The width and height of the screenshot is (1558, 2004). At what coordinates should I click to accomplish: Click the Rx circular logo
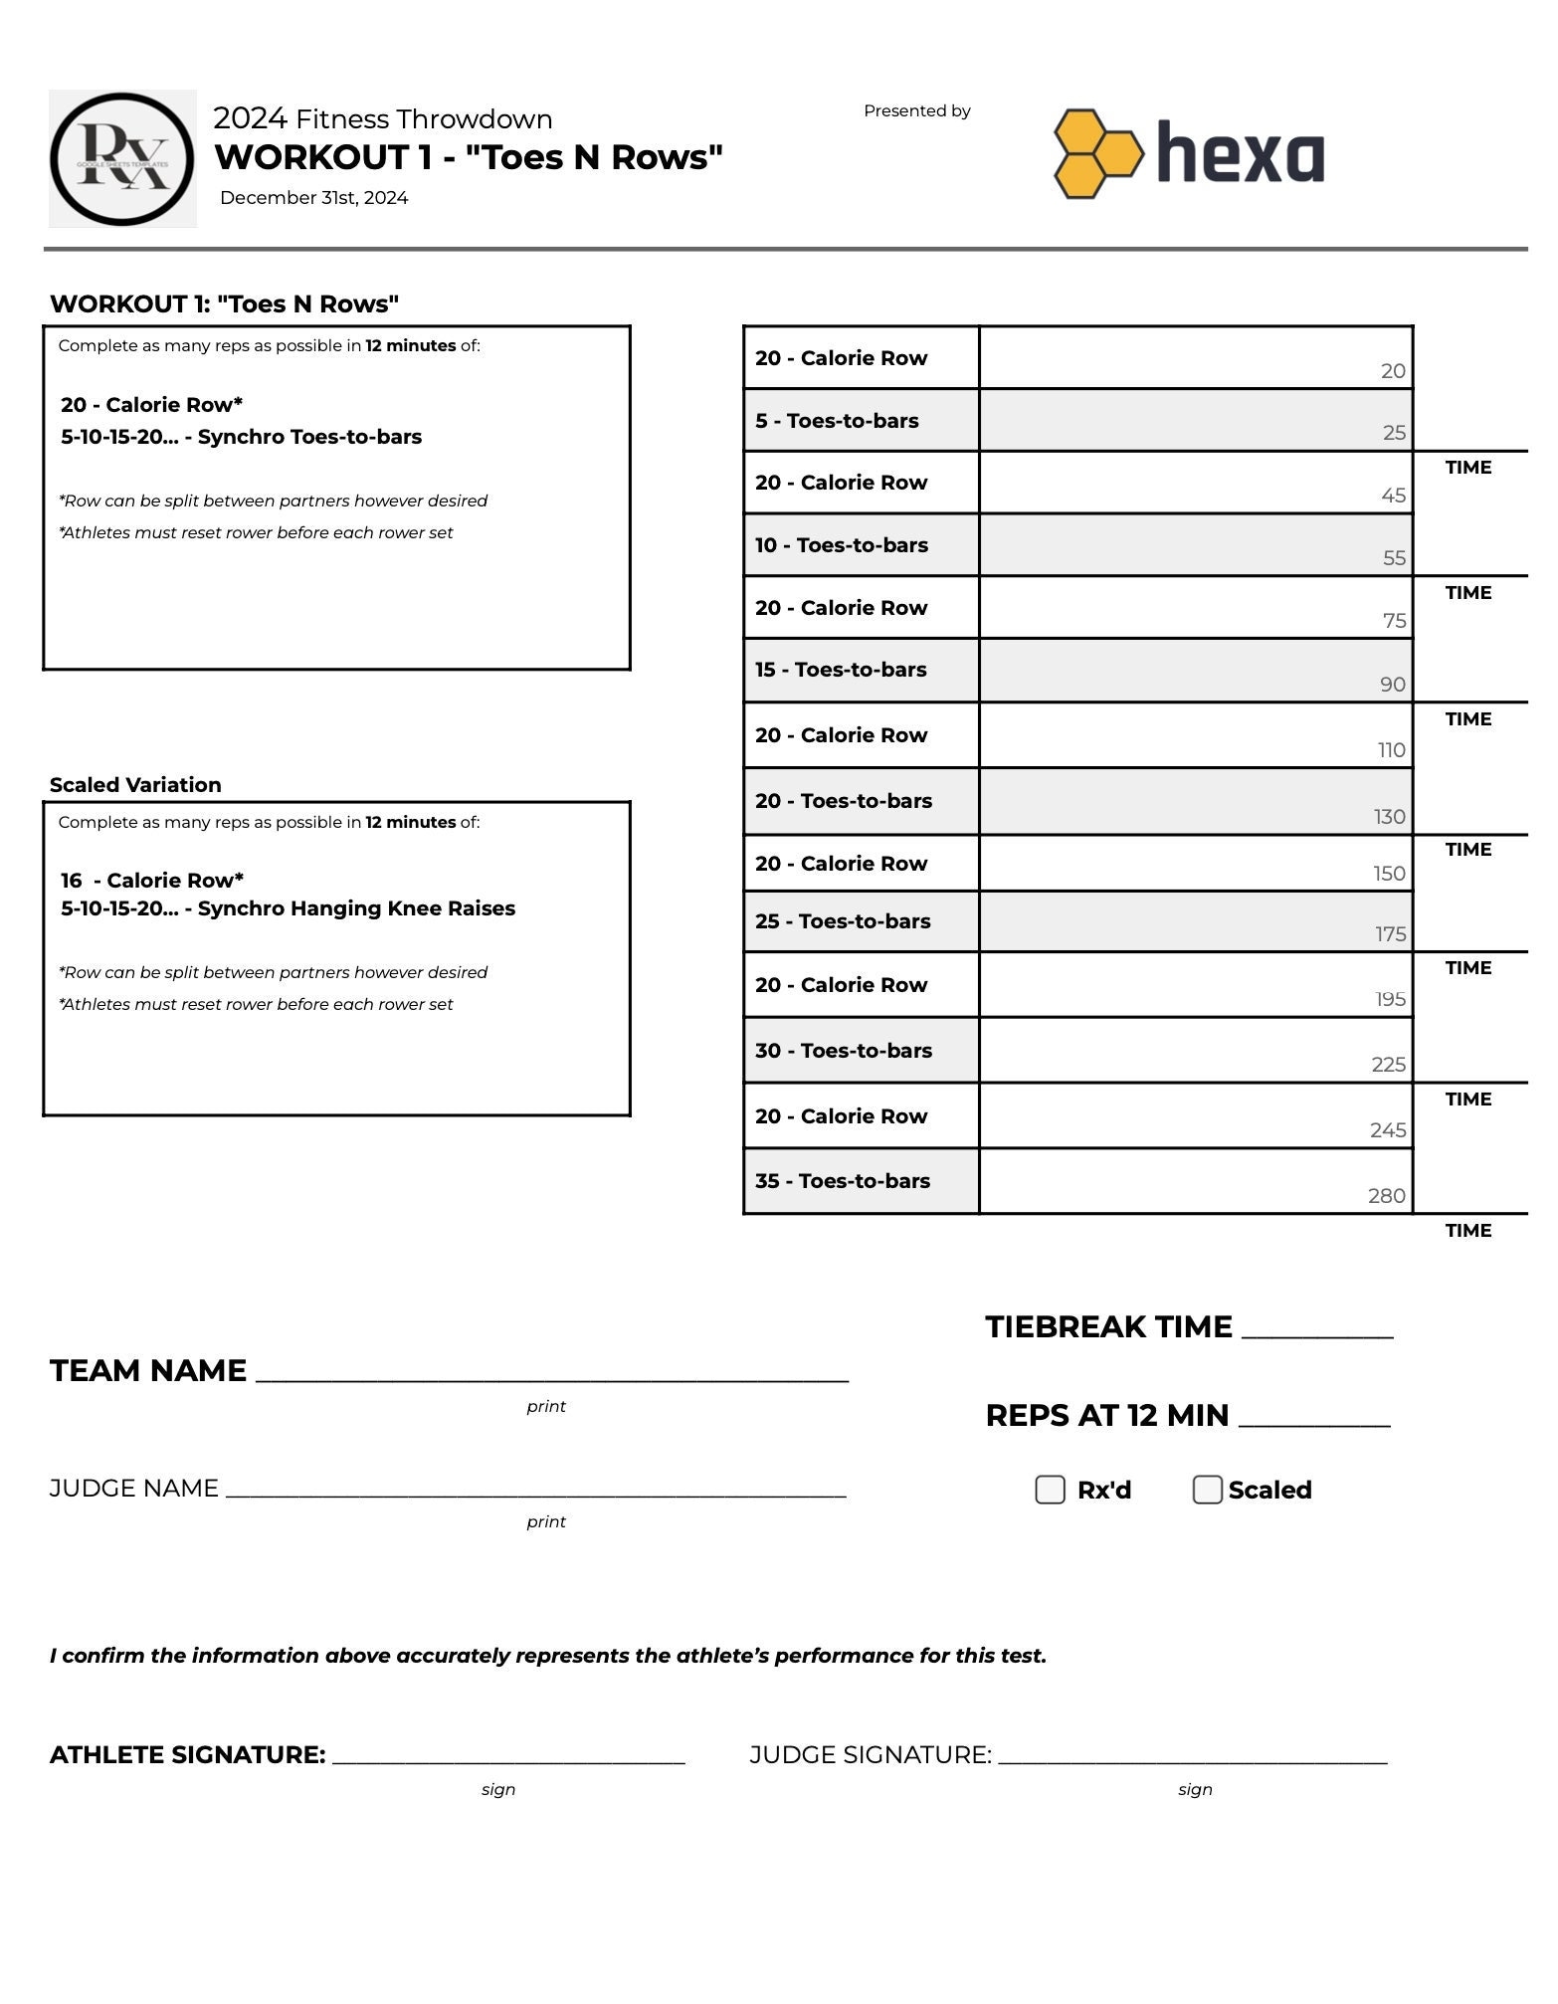coord(122,159)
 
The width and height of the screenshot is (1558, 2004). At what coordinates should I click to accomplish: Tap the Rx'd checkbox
coord(1050,1490)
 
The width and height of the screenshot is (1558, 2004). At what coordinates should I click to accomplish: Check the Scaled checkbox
coord(1207,1490)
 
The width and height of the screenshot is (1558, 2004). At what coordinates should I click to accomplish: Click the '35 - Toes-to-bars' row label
coord(843,1181)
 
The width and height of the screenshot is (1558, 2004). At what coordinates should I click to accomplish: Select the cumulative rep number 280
coord(1386,1196)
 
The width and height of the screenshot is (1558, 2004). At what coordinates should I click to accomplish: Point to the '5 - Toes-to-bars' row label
coord(837,421)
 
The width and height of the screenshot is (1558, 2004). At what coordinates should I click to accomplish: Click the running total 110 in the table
coord(1391,750)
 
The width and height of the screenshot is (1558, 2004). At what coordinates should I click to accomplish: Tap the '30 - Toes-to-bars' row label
coord(844,1051)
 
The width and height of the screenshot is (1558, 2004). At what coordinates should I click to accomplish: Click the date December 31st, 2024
coord(313,198)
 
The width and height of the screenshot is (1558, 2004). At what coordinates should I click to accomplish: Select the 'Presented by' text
coord(916,111)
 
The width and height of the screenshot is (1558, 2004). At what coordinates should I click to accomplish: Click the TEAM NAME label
coord(148,1371)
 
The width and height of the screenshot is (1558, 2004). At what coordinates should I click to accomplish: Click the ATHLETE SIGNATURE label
coord(187,1755)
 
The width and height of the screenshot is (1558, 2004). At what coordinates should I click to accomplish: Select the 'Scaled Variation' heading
coord(135,785)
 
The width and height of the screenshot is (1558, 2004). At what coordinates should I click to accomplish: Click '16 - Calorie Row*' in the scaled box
coord(152,881)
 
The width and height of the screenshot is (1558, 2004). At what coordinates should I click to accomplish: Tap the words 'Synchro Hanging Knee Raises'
coord(356,908)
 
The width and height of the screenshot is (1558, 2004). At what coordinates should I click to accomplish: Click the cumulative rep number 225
coord(1388,1065)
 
